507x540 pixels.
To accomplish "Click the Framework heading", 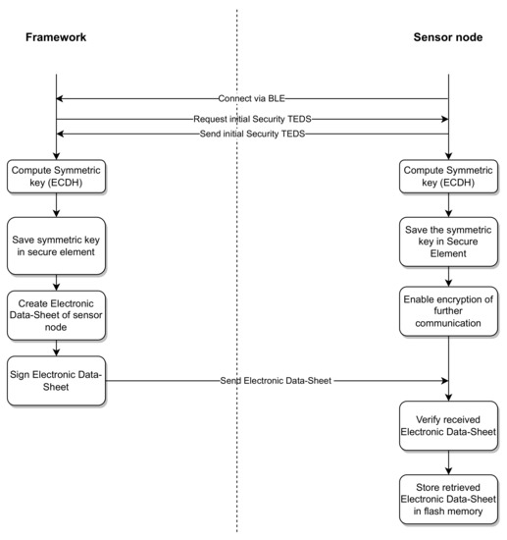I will pos(56,36).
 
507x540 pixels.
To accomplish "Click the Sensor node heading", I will pos(448,36).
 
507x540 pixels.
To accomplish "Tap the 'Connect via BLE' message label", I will pos(252,99).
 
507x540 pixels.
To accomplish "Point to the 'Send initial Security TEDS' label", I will pos(252,133).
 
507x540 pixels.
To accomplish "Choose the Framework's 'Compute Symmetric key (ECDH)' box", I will pos(56,177).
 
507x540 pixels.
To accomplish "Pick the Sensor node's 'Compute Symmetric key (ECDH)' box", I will pos(448,177).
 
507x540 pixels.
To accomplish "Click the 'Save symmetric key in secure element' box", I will pos(56,245).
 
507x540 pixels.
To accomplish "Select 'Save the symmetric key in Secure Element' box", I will pos(448,245).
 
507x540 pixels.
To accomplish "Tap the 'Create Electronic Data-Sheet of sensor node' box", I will pos(56,313).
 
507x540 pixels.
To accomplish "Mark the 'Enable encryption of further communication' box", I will pos(448,313).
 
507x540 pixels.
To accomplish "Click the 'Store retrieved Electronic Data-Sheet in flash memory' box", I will pos(448,501).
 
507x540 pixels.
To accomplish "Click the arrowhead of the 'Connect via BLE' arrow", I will pos(61,99).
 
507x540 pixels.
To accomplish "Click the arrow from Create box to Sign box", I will pos(56,348).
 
